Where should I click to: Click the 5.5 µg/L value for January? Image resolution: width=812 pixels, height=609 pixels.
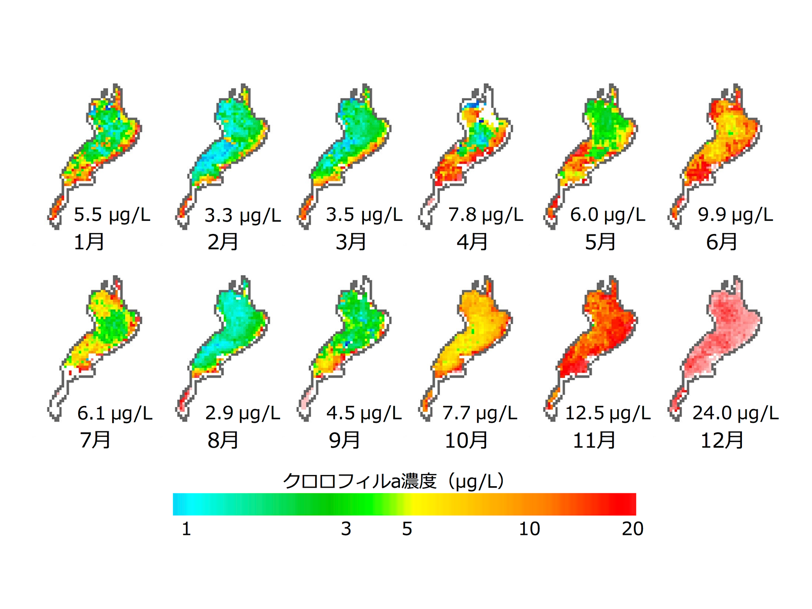112,215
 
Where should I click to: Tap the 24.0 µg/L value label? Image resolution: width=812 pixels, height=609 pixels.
735,413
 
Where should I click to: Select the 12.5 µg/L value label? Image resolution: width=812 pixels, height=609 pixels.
607,413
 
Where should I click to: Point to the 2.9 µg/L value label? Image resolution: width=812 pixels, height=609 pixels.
243,413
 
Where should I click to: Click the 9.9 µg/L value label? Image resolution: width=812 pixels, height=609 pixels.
735,215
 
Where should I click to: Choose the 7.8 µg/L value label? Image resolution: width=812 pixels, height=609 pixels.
486,215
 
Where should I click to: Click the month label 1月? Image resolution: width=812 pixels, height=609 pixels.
89,242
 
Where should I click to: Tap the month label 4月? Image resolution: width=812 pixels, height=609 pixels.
472,242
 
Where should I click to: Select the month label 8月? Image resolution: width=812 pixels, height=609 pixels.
222,440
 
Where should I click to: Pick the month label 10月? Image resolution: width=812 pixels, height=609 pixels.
466,440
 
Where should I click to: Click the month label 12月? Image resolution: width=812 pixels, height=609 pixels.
722,440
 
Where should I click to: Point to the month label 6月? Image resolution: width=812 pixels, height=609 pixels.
721,242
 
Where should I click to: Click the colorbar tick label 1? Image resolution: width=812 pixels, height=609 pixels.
186,529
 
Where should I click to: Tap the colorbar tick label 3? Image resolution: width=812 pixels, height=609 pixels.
346,529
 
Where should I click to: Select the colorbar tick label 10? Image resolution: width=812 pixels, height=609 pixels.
529,529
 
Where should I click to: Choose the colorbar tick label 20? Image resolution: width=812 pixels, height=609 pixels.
632,529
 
